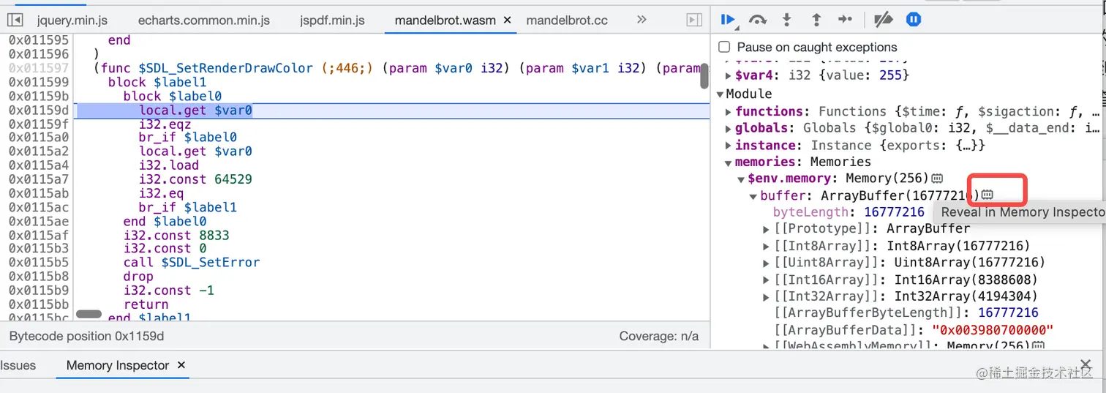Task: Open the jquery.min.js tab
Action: (72, 20)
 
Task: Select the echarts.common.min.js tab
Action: (203, 20)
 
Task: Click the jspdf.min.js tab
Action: (332, 20)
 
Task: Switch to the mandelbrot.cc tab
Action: (567, 20)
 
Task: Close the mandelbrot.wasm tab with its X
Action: (507, 20)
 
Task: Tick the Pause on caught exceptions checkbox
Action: (724, 47)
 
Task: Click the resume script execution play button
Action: (727, 20)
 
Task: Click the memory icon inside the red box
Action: (987, 195)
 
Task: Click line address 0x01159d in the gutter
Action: (39, 111)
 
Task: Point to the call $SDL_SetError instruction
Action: (192, 262)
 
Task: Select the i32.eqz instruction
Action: (165, 124)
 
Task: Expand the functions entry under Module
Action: (729, 111)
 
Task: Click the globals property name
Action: (761, 128)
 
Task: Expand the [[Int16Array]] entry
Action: (767, 280)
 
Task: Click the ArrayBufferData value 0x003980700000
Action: (992, 330)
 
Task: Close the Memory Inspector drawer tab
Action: (181, 365)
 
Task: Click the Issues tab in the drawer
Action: (18, 365)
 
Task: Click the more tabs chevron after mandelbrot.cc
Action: (642, 20)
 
